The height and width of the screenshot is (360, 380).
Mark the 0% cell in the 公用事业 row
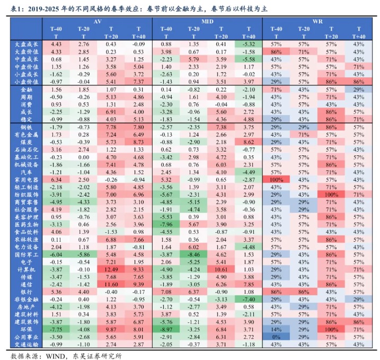coord(276,336)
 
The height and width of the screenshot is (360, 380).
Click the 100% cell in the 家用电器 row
coord(276,179)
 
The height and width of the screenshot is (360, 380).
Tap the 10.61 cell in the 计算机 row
coord(221,269)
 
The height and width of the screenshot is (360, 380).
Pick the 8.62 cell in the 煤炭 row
coord(249,142)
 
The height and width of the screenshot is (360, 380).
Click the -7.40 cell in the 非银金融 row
coord(249,298)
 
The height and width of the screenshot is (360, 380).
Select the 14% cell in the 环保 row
coord(276,329)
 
